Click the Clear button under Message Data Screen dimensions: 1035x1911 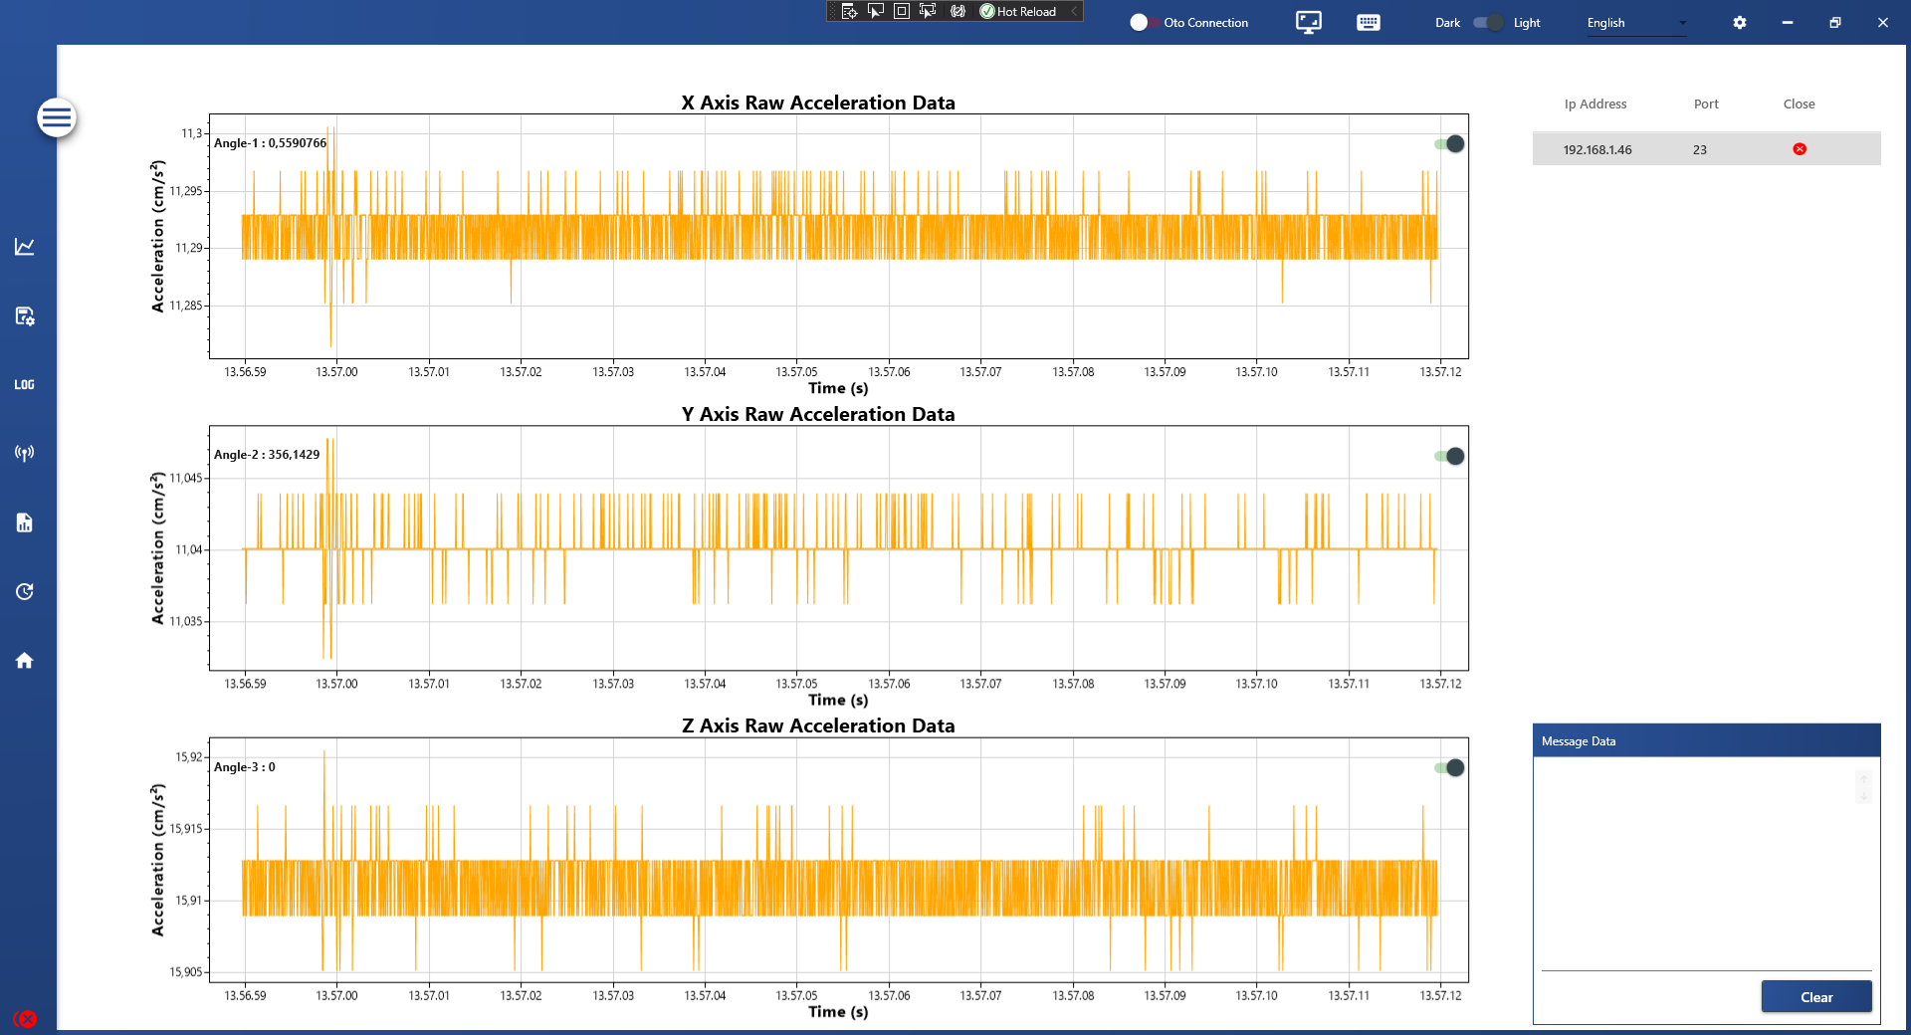point(1815,997)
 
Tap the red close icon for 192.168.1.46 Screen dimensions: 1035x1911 point(1800,149)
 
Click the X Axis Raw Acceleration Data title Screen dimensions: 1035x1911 point(817,103)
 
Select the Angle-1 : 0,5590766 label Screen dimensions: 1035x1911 point(270,143)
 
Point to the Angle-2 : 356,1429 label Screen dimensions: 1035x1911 point(267,455)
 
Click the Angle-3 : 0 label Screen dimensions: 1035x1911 point(245,767)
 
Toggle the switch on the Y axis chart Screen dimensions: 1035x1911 point(1449,456)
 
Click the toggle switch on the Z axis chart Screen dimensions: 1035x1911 point(1449,767)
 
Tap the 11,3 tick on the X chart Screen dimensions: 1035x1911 point(191,133)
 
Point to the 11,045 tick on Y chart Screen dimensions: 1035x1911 point(186,479)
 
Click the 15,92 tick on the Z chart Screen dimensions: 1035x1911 point(188,757)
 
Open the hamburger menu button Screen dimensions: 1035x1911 point(57,118)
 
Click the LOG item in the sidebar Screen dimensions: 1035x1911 point(25,385)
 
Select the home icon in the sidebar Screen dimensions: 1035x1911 point(25,661)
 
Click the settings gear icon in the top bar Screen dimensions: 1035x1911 point(1740,23)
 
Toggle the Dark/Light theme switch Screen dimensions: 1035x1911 point(1488,23)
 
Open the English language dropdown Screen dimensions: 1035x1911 point(1635,23)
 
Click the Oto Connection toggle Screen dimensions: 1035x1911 point(1141,23)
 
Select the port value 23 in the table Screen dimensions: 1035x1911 point(1700,150)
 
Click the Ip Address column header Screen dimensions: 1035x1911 point(1594,104)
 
